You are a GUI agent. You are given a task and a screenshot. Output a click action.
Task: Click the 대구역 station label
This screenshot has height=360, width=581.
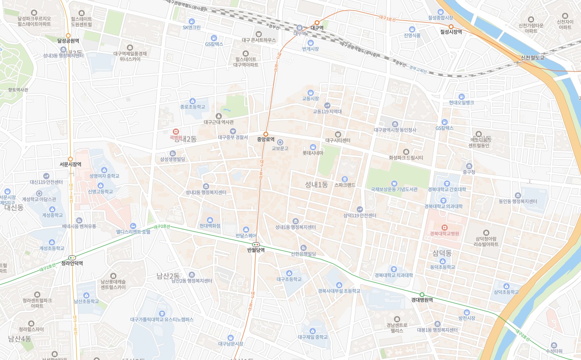317,28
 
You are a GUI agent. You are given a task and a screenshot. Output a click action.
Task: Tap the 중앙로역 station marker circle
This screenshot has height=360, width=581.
266,134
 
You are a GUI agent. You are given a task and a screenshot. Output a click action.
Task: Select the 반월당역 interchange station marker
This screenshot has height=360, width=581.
256,245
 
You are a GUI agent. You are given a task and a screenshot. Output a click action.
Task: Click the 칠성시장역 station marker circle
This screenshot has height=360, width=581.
451,27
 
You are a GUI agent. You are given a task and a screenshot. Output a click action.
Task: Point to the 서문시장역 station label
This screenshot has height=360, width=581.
71,164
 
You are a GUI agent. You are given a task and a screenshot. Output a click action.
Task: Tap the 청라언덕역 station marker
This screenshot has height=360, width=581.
72,258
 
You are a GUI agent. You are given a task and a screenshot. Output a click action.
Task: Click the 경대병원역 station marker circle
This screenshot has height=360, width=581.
422,295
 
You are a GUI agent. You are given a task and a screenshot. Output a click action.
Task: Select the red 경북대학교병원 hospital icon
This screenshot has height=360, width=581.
444,228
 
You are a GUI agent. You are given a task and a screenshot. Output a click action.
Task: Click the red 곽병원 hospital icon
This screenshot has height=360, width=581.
176,132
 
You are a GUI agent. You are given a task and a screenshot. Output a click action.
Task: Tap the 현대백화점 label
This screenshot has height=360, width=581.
210,226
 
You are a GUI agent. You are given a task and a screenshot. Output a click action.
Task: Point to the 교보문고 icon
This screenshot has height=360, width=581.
280,142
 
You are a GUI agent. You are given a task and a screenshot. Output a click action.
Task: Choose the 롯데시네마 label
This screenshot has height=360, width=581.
313,153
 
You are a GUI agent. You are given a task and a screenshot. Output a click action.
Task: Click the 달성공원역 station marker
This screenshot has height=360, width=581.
68,36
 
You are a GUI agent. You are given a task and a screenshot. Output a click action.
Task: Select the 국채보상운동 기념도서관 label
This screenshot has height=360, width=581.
394,190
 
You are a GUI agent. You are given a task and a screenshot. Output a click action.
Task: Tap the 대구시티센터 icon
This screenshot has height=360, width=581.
338,134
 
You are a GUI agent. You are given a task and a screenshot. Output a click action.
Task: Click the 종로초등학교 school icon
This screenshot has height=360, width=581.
193,101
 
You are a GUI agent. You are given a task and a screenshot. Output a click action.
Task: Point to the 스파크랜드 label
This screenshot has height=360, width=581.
344,185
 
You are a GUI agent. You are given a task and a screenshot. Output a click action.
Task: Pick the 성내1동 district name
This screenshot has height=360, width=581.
316,185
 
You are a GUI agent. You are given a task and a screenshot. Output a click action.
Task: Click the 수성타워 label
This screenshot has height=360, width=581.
554,351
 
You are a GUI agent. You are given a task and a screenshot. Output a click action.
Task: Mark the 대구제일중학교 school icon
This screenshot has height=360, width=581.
312,331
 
